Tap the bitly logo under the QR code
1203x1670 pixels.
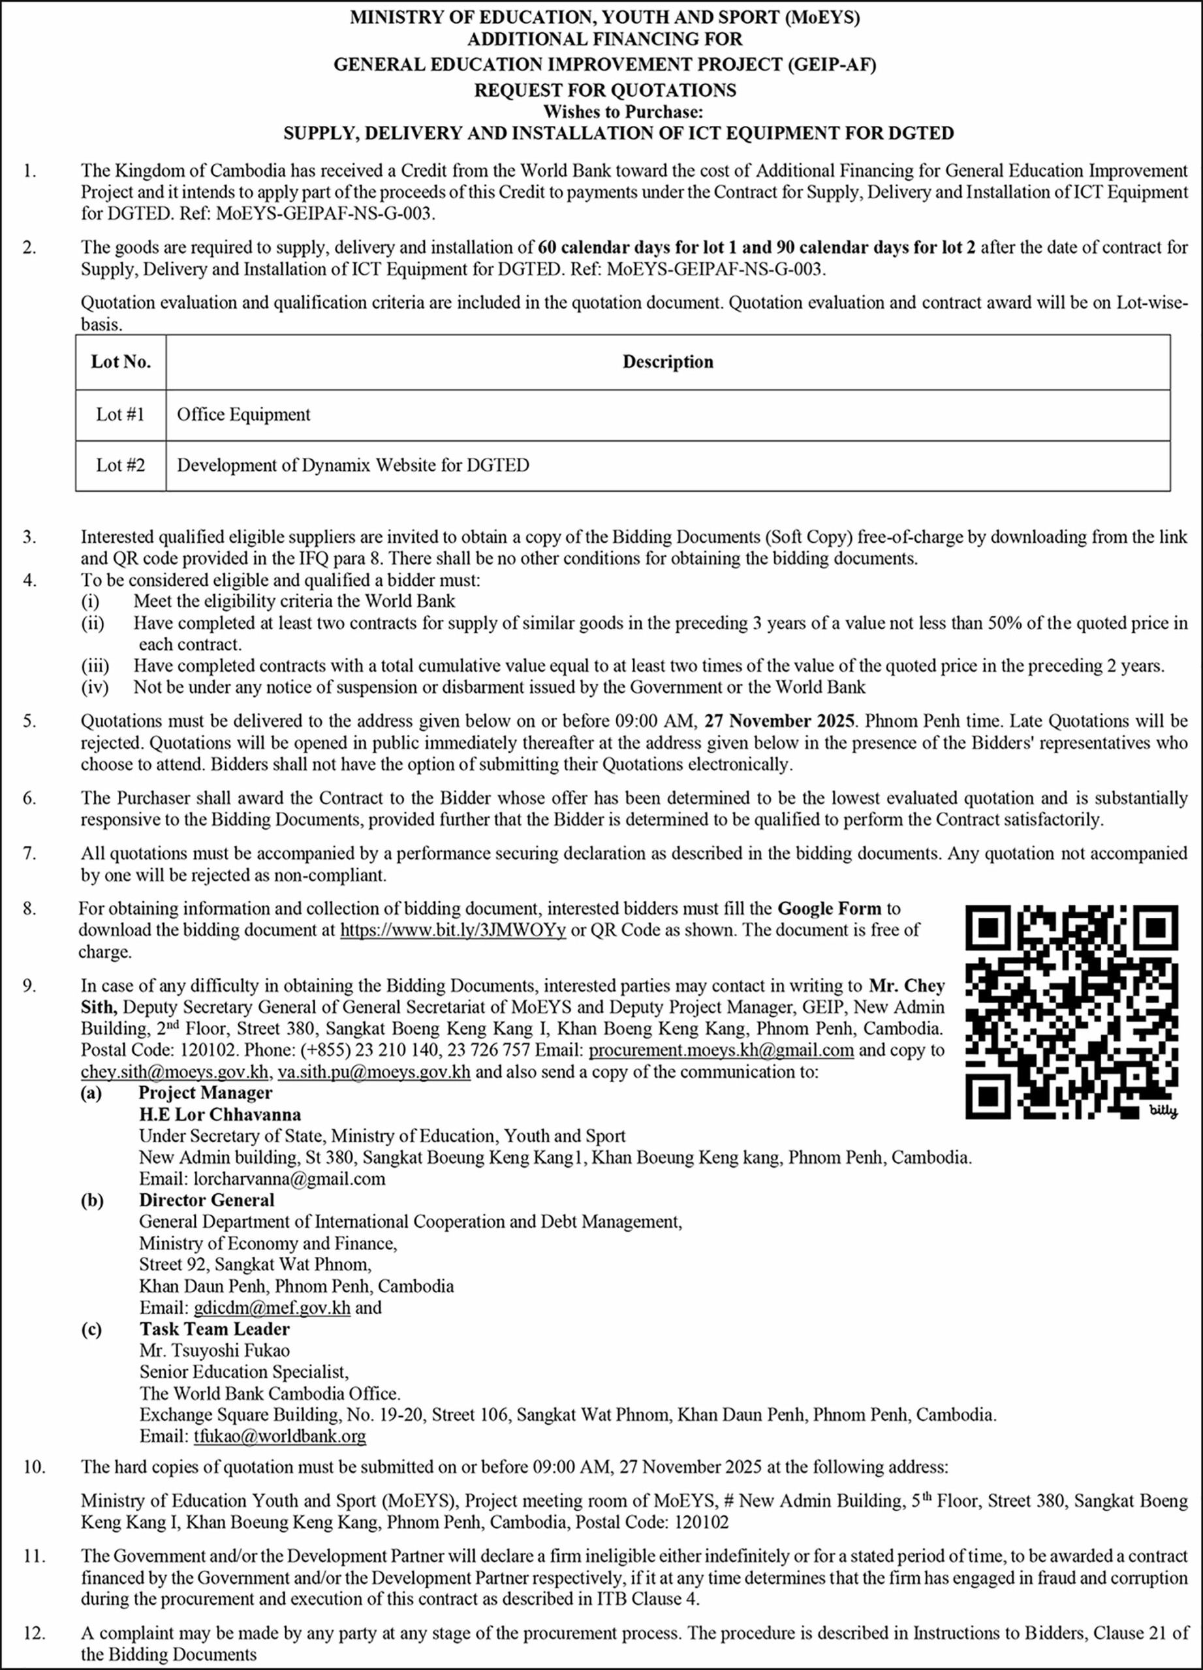[x=1163, y=1111]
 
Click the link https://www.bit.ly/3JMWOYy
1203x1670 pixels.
[x=452, y=930]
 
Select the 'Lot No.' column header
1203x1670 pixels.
[x=121, y=362]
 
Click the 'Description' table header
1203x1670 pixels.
[x=668, y=362]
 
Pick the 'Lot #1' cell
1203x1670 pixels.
[x=121, y=414]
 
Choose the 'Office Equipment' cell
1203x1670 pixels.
[x=244, y=414]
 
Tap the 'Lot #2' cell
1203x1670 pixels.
[x=121, y=465]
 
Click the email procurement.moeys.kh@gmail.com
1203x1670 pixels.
[x=721, y=1050]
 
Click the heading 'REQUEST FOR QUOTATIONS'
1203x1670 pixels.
[x=605, y=90]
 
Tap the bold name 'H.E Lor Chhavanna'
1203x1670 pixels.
[x=219, y=1114]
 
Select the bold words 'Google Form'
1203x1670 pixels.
[x=830, y=909]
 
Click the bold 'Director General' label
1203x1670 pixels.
[x=206, y=1200]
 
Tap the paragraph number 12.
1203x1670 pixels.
[x=33, y=1632]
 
